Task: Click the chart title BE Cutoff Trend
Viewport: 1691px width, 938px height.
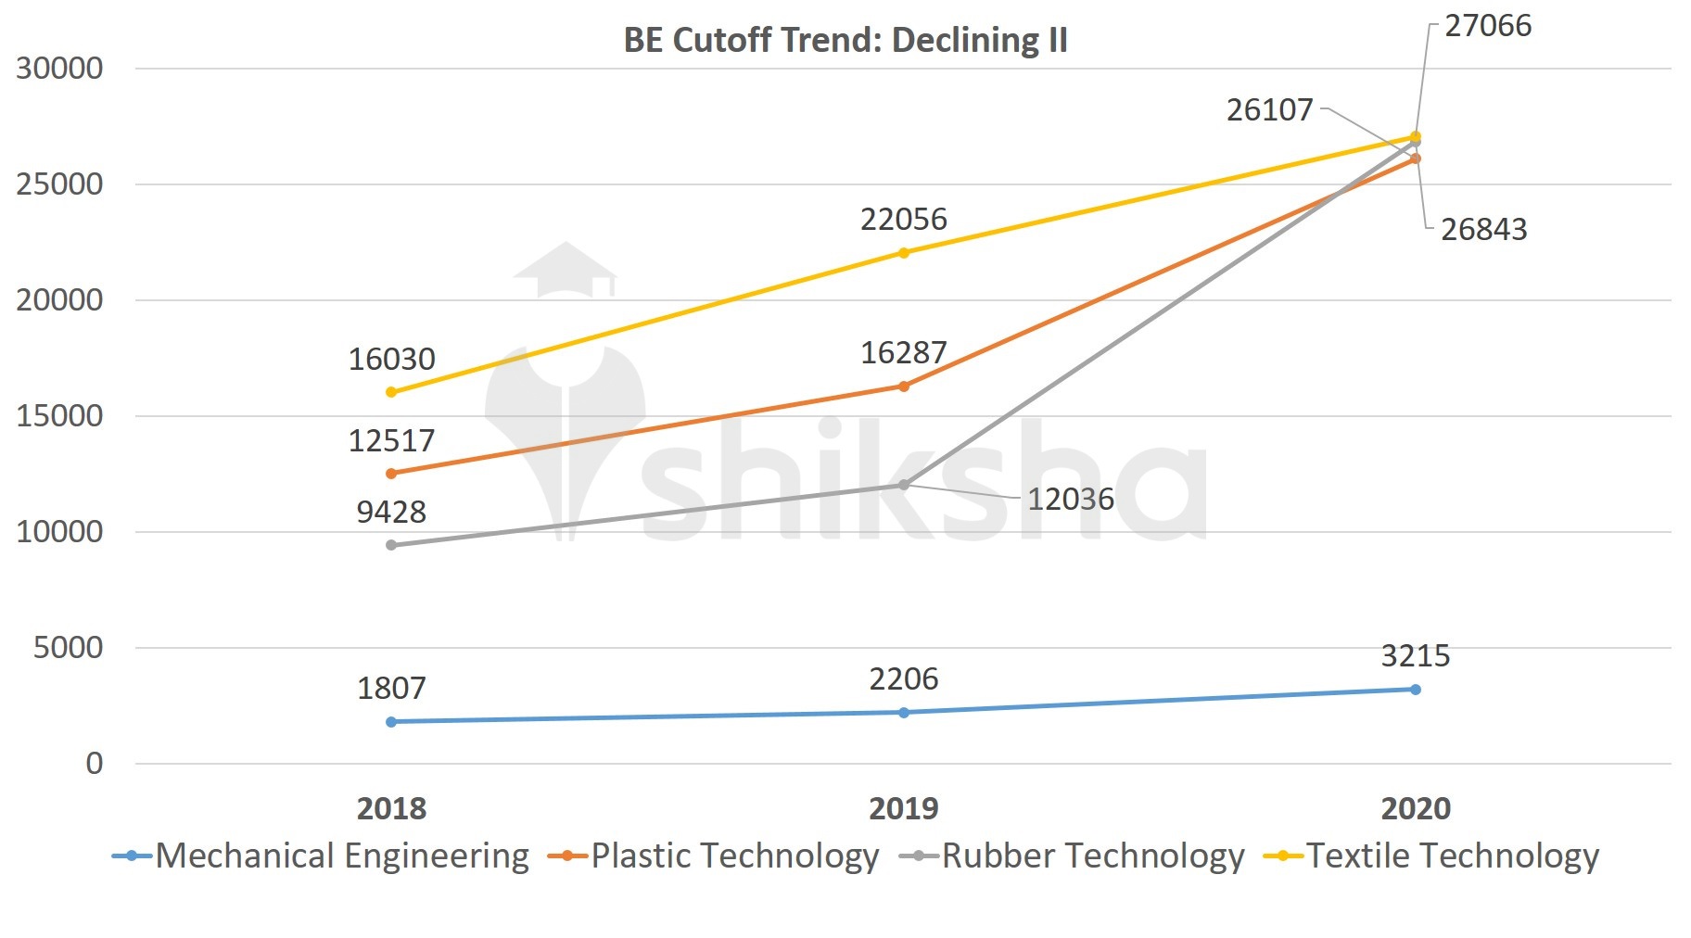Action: point(845,40)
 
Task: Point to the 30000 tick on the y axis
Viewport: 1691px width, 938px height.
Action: point(59,69)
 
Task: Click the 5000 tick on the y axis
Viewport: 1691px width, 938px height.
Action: point(68,648)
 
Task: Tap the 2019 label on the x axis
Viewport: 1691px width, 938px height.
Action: point(903,808)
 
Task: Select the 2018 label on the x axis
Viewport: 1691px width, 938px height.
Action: point(391,808)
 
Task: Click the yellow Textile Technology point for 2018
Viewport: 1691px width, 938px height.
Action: point(391,392)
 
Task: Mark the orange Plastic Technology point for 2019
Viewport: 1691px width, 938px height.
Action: point(904,387)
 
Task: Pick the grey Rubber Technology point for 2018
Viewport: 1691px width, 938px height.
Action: point(391,545)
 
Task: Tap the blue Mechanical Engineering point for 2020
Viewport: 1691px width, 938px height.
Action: point(1416,690)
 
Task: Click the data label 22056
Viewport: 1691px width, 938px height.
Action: point(904,220)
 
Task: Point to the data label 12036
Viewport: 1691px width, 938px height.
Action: point(1071,500)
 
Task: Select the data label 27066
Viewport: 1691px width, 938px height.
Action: point(1488,26)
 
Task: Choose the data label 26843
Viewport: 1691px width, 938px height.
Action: point(1483,230)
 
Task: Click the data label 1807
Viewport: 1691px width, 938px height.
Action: point(391,689)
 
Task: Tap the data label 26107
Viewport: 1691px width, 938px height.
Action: point(1269,110)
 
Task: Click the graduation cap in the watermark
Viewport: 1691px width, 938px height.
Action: point(566,269)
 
